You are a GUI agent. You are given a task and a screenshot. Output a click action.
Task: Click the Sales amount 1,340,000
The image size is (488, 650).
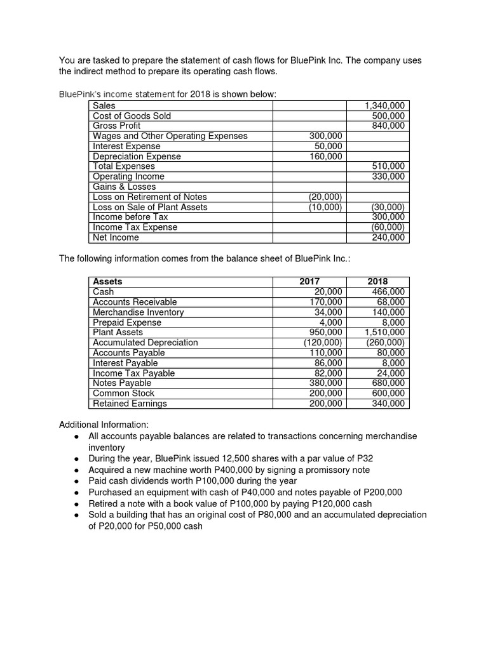pyautogui.click(x=385, y=106)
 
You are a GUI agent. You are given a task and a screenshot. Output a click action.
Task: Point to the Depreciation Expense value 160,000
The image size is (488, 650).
pyautogui.click(x=325, y=156)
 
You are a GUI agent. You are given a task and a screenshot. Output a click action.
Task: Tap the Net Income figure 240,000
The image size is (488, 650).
pyautogui.click(x=388, y=237)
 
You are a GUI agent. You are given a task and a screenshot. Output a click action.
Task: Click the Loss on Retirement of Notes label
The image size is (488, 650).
pyautogui.click(x=149, y=197)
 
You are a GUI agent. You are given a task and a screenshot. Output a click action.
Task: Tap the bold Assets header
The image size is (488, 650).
pyautogui.click(x=107, y=281)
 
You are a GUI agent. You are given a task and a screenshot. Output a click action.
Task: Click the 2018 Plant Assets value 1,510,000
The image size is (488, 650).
pyautogui.click(x=384, y=332)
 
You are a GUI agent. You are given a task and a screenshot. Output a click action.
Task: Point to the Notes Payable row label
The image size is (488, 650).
pyautogui.click(x=122, y=383)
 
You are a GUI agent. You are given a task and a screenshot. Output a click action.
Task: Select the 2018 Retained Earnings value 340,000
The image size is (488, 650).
pyautogui.click(x=388, y=403)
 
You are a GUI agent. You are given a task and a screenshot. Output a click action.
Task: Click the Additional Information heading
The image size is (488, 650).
pyautogui.click(x=104, y=424)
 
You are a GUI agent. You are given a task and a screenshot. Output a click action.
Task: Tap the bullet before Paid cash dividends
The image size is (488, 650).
pyautogui.click(x=76, y=481)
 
